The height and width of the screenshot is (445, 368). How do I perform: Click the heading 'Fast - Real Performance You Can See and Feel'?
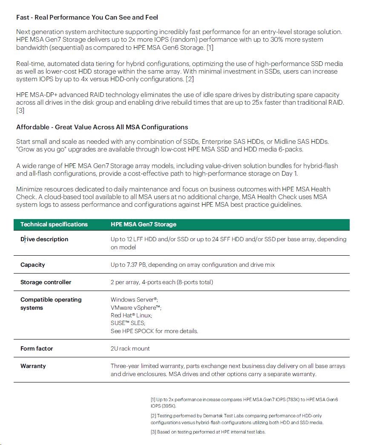(87, 17)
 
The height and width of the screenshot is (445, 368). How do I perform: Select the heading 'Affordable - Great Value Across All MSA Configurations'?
(102, 127)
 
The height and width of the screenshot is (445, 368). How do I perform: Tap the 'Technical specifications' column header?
(54, 224)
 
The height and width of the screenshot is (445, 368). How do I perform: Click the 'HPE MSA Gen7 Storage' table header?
(144, 224)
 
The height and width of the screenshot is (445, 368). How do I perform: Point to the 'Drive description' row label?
(44, 239)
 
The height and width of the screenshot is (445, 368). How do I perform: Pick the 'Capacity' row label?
(33, 265)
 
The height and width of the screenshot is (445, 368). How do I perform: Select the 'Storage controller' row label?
(46, 282)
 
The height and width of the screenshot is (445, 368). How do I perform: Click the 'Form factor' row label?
(37, 348)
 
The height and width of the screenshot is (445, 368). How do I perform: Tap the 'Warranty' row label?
(33, 366)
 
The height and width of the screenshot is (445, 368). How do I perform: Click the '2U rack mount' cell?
(130, 348)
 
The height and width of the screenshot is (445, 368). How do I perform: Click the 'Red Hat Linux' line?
(131, 315)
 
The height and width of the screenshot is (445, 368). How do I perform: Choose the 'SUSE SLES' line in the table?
(128, 323)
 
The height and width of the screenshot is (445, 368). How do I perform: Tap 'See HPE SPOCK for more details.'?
(154, 331)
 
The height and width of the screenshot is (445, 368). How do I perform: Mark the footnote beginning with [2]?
(237, 419)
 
